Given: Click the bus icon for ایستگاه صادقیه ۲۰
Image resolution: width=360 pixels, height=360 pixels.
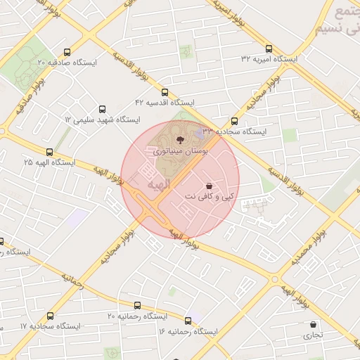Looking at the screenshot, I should click(x=67, y=51).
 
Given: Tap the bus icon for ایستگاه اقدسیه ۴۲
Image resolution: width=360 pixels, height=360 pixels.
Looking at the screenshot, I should click(x=165, y=92).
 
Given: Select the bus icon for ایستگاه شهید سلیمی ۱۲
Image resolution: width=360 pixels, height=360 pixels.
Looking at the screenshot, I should click(x=103, y=110).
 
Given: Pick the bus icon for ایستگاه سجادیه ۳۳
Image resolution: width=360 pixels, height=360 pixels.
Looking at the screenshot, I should click(x=234, y=121).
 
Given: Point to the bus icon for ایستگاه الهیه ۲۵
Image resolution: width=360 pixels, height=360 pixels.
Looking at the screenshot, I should click(x=49, y=151).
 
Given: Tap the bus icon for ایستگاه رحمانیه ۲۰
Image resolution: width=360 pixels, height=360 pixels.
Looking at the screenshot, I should click(x=137, y=306).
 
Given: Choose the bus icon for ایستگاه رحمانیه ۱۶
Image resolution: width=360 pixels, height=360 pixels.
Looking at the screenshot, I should click(x=188, y=320).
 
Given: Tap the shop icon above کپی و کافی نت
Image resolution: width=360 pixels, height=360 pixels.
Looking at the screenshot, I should click(x=209, y=185).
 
